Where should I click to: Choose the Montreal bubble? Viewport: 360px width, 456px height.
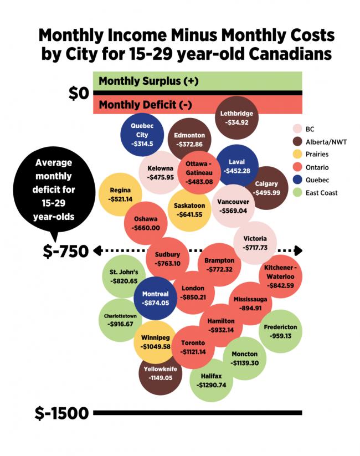(x=155, y=298)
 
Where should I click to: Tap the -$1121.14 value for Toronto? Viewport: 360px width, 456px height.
(x=193, y=351)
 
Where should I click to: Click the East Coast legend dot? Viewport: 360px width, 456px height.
(x=297, y=193)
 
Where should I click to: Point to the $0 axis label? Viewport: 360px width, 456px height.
(x=78, y=94)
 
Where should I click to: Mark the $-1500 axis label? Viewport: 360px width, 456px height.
(x=61, y=413)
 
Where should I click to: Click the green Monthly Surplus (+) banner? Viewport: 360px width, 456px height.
(x=198, y=81)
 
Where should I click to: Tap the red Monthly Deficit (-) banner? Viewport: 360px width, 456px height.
(x=198, y=105)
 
